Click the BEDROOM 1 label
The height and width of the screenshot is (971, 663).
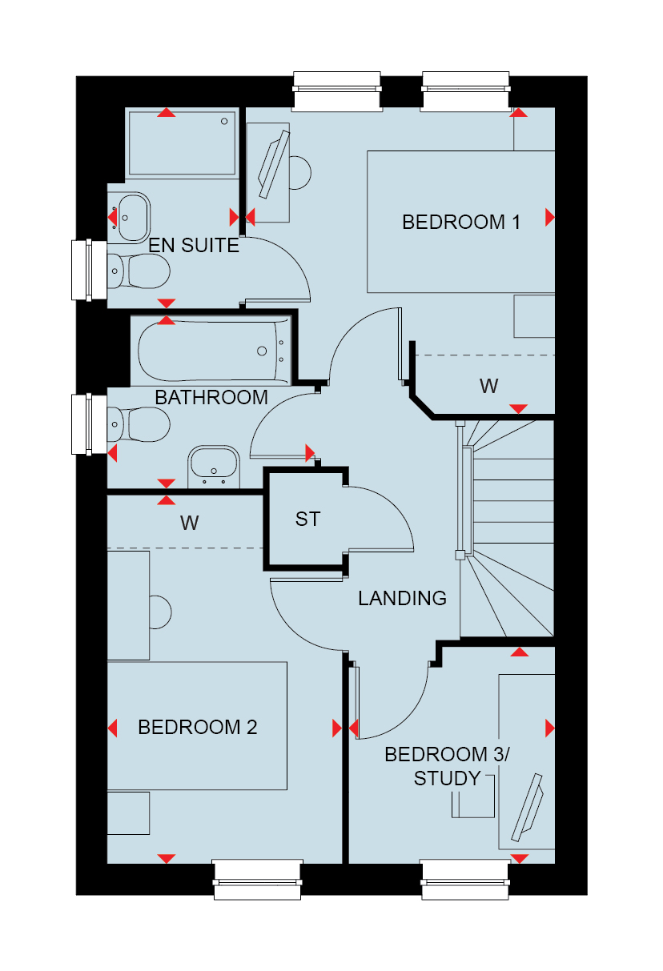point(461,223)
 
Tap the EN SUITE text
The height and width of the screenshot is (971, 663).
point(194,245)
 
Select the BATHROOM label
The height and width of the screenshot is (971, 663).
point(211,398)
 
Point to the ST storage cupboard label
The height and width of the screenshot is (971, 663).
point(307,519)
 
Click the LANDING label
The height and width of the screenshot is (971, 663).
point(403,598)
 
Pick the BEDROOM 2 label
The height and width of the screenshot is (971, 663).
point(197,728)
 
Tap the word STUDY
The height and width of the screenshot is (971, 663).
point(447,779)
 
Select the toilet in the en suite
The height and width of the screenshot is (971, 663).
point(139,271)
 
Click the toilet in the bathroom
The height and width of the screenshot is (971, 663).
point(139,424)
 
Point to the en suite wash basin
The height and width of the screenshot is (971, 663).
point(134,217)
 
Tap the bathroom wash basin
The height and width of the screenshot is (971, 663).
point(214,467)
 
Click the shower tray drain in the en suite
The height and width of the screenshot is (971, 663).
point(224,122)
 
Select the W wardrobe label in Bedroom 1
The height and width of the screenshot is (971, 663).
point(488,386)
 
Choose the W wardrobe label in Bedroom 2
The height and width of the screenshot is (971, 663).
point(190,523)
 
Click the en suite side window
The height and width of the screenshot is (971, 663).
point(89,270)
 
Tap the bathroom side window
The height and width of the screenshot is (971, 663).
point(89,424)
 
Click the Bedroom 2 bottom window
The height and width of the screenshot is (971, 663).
point(257,880)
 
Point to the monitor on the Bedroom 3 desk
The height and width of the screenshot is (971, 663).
point(528,808)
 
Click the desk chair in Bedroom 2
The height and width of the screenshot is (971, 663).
point(160,612)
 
